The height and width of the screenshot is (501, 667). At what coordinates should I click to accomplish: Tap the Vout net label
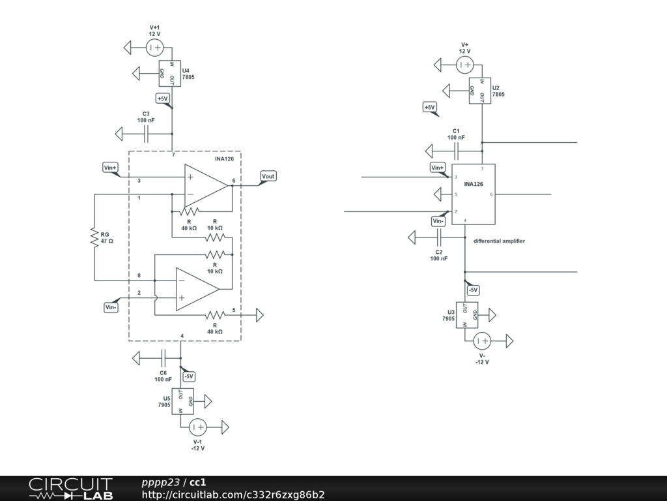click(x=268, y=176)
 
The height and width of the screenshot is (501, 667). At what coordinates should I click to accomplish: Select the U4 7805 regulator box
click(x=170, y=74)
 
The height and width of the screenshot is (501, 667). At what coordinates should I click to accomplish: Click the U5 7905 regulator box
click(x=185, y=401)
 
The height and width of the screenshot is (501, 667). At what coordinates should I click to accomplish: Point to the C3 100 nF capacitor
click(x=147, y=134)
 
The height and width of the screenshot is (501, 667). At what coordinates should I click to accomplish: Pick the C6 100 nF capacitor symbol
click(x=164, y=357)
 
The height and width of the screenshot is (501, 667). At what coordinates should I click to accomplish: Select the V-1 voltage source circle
click(x=198, y=427)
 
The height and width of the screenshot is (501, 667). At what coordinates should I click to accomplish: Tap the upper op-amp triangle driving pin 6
click(x=205, y=185)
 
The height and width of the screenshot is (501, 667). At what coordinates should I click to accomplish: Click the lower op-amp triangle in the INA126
click(x=197, y=289)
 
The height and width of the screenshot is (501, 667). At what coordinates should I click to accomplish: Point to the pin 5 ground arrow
click(x=259, y=315)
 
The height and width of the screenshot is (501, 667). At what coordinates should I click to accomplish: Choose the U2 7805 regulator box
click(x=481, y=91)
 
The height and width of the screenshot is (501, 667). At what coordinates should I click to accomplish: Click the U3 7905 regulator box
click(x=470, y=315)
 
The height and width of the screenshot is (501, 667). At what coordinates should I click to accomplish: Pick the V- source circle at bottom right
click(x=482, y=341)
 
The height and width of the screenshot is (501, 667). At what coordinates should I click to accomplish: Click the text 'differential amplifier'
click(x=499, y=241)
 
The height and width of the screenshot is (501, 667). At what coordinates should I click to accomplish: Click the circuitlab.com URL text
click(x=233, y=494)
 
